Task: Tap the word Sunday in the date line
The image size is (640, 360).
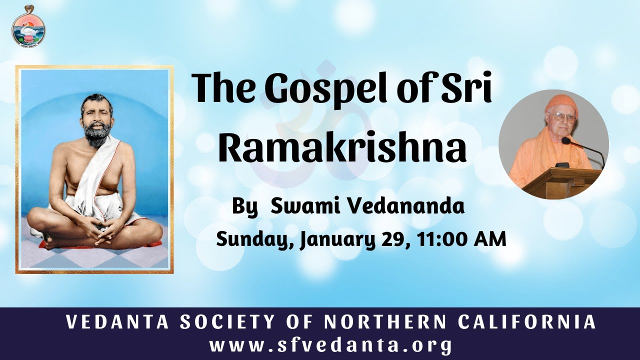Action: tap(253, 239)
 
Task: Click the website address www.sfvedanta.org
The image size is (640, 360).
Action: tap(331, 345)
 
